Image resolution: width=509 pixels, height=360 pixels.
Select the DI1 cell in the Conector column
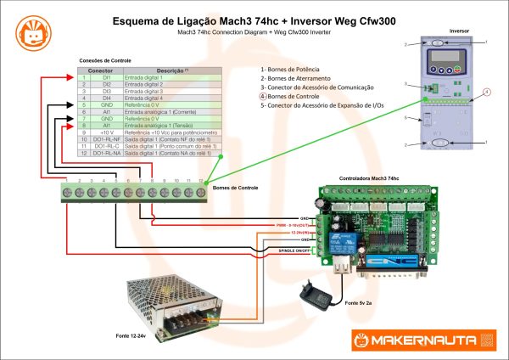click(x=107, y=78)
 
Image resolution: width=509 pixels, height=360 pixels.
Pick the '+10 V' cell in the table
click(x=107, y=133)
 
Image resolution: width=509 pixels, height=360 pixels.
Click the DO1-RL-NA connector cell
click(x=107, y=154)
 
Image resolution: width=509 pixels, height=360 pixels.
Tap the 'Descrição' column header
click(x=172, y=70)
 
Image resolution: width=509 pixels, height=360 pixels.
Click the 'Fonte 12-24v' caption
click(x=135, y=337)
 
